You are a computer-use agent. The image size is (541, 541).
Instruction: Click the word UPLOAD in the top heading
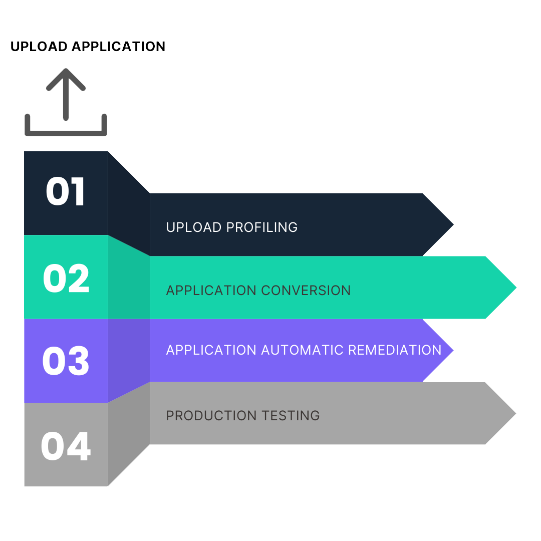coord(39,47)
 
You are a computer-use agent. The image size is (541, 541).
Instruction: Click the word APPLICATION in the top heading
coord(118,47)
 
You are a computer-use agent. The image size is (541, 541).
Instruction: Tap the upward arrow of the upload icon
coord(66,94)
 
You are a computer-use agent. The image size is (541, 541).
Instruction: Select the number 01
coord(65,191)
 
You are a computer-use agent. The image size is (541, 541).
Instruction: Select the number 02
coord(66,278)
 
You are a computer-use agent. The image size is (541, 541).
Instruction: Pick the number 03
coord(66,361)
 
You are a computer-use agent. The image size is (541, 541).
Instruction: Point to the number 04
coord(66,446)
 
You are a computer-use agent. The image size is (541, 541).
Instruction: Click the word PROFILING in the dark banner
coord(262,227)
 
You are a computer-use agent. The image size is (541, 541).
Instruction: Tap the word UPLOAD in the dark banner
coord(193,227)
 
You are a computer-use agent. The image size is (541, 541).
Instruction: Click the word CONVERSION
coord(306,291)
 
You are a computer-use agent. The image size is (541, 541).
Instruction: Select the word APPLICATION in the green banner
coord(211,291)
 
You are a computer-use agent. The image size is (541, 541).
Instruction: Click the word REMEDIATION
coord(395,350)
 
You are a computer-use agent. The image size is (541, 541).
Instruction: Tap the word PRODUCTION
coord(211,416)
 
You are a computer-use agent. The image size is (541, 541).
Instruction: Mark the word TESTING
coord(291,416)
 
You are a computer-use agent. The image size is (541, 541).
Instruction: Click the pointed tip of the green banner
coord(516,288)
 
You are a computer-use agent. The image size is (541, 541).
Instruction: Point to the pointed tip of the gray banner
coord(515,413)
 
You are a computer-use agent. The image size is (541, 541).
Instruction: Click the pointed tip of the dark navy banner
coord(453,224)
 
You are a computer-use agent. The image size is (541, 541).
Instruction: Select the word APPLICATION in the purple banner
coord(211,350)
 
